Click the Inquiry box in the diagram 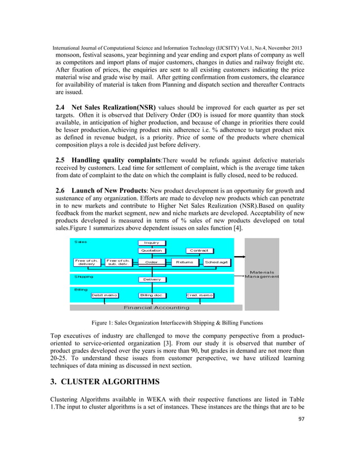(x=151, y=243)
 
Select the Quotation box (x=151, y=250)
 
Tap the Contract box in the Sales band (x=199, y=250)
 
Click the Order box (x=151, y=262)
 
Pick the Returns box (x=185, y=262)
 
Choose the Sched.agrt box (x=216, y=262)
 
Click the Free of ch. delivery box (x=86, y=262)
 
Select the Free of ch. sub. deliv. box (x=118, y=262)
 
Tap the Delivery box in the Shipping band (x=151, y=279)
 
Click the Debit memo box (x=105, y=295)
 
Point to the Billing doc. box (x=151, y=295)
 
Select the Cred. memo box (x=200, y=295)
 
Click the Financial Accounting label (x=156, y=308)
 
